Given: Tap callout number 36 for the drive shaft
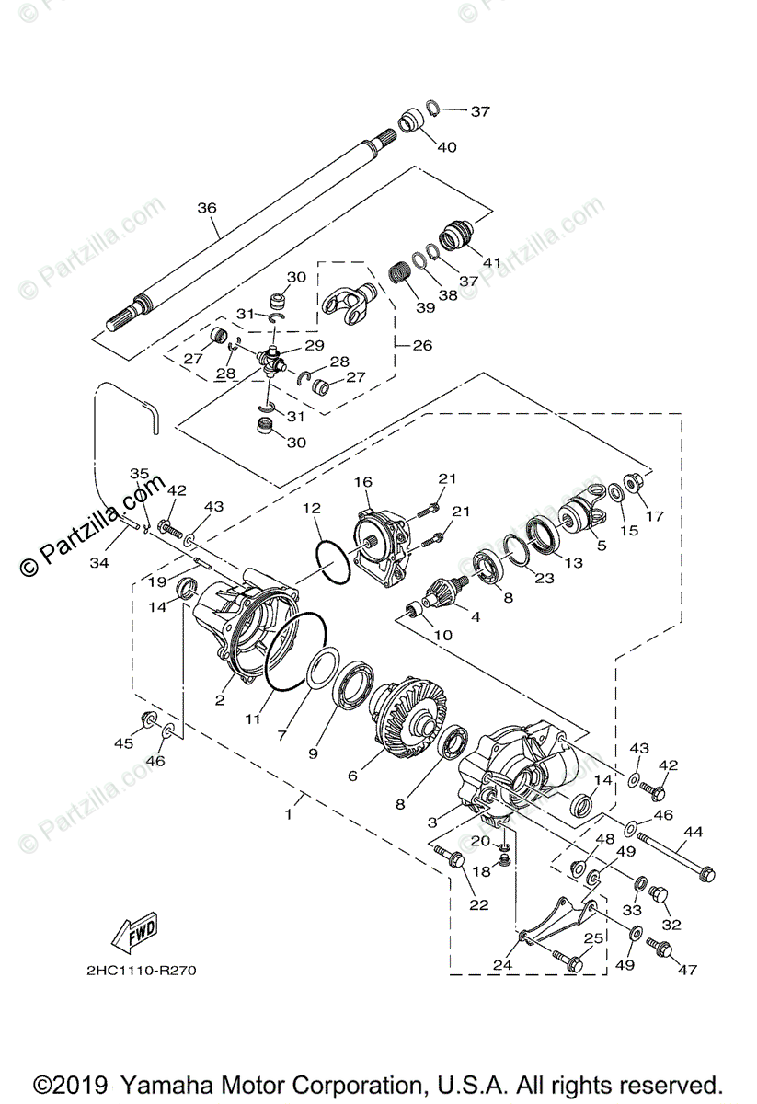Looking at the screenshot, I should click(x=206, y=209).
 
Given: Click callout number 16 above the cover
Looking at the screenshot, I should click(x=362, y=481).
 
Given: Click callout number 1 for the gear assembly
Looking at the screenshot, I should click(x=288, y=814).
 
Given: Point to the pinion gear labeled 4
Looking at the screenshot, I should click(x=451, y=586).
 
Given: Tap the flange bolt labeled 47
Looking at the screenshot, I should click(x=660, y=947).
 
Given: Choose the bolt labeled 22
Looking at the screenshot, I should click(x=453, y=858).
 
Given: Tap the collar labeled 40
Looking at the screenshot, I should click(x=415, y=121).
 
